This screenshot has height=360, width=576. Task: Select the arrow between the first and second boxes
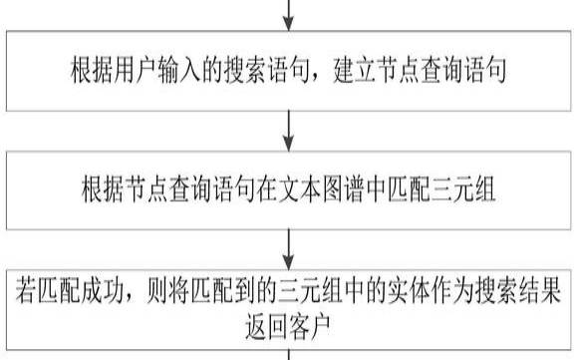click(x=288, y=126)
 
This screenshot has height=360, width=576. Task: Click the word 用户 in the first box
click(x=152, y=72)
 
